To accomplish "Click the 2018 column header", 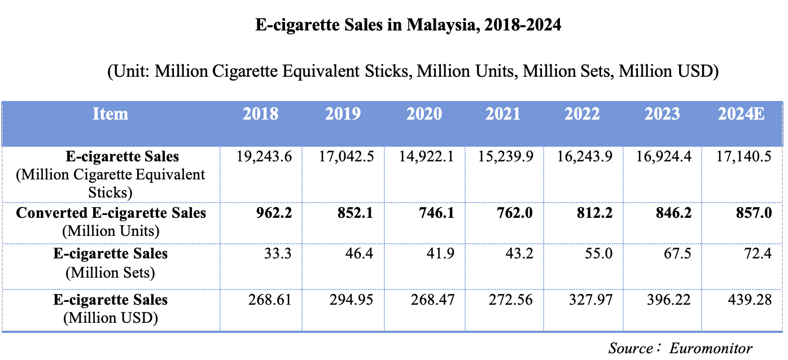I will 260,114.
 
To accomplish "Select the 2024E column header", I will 741,114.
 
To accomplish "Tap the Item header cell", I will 110,114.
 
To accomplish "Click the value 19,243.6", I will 263,156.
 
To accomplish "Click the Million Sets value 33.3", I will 278,254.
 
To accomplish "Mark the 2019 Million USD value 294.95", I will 351,300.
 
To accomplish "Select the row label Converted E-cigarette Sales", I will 111,213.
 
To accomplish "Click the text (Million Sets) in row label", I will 111,273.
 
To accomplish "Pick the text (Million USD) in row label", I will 111,318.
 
